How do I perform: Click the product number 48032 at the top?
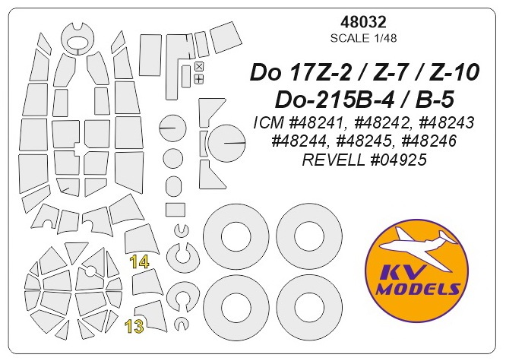(363, 22)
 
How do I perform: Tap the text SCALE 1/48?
(363, 38)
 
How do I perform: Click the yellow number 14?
(139, 262)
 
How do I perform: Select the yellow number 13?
(134, 327)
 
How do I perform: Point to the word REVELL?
(333, 160)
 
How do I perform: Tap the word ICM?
(266, 122)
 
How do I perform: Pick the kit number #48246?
(429, 141)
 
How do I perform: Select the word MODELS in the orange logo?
(419, 288)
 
